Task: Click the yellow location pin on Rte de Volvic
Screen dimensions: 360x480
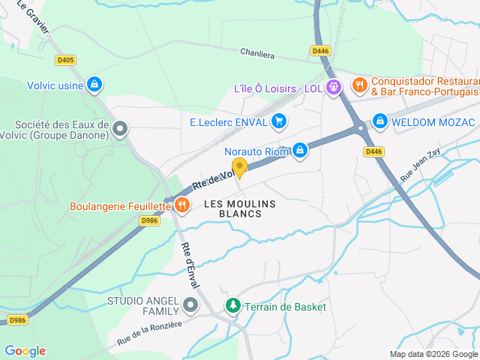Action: (239, 166)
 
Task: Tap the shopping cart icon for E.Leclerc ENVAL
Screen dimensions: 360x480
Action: (279, 121)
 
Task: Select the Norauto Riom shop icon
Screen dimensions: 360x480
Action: (300, 150)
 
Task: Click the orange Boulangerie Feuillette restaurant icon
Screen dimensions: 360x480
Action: (181, 204)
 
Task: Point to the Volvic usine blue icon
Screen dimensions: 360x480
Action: (94, 85)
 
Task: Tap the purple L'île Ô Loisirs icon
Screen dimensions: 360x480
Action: (334, 87)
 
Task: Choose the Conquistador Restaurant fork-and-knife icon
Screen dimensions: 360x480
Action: (359, 85)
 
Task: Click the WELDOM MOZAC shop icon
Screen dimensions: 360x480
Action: (380, 121)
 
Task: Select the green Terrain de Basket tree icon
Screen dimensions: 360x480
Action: (233, 306)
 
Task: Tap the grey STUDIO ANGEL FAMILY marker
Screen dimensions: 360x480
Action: (190, 305)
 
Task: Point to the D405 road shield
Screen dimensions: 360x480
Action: (65, 60)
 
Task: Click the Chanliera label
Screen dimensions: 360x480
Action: (258, 53)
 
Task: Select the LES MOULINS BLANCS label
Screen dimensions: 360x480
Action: (240, 208)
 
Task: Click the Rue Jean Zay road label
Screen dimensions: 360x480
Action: (421, 160)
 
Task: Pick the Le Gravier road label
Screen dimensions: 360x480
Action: (33, 18)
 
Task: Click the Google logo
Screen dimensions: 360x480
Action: (25, 350)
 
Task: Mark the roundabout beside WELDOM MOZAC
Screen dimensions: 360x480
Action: (361, 127)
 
